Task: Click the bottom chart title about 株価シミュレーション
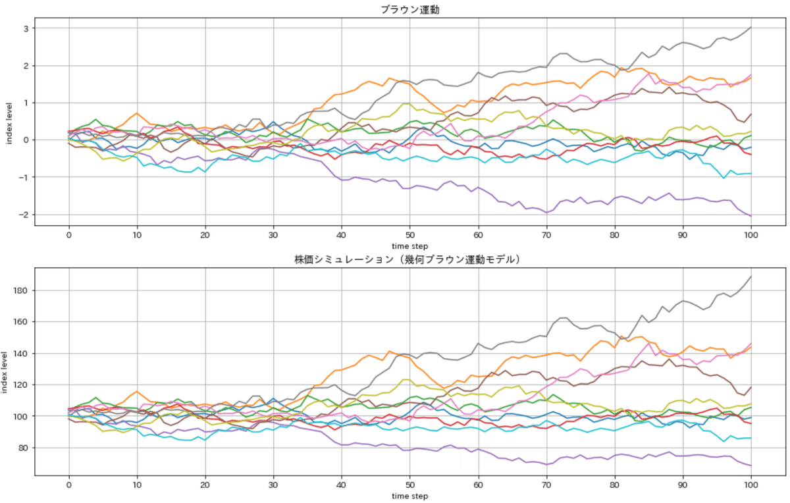tap(409, 259)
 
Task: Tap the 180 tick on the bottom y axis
tap(19, 290)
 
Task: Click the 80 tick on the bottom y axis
tap(21, 448)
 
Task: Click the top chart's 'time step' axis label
tap(409, 245)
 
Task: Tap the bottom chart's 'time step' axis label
tap(409, 495)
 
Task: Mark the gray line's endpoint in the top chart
tap(751, 28)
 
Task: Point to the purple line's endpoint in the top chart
tap(751, 216)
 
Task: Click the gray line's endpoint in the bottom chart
tap(751, 277)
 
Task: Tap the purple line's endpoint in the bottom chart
tap(751, 465)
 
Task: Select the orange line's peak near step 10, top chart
tap(137, 113)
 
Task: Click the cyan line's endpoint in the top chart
tap(751, 173)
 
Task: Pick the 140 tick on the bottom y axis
tap(19, 354)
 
